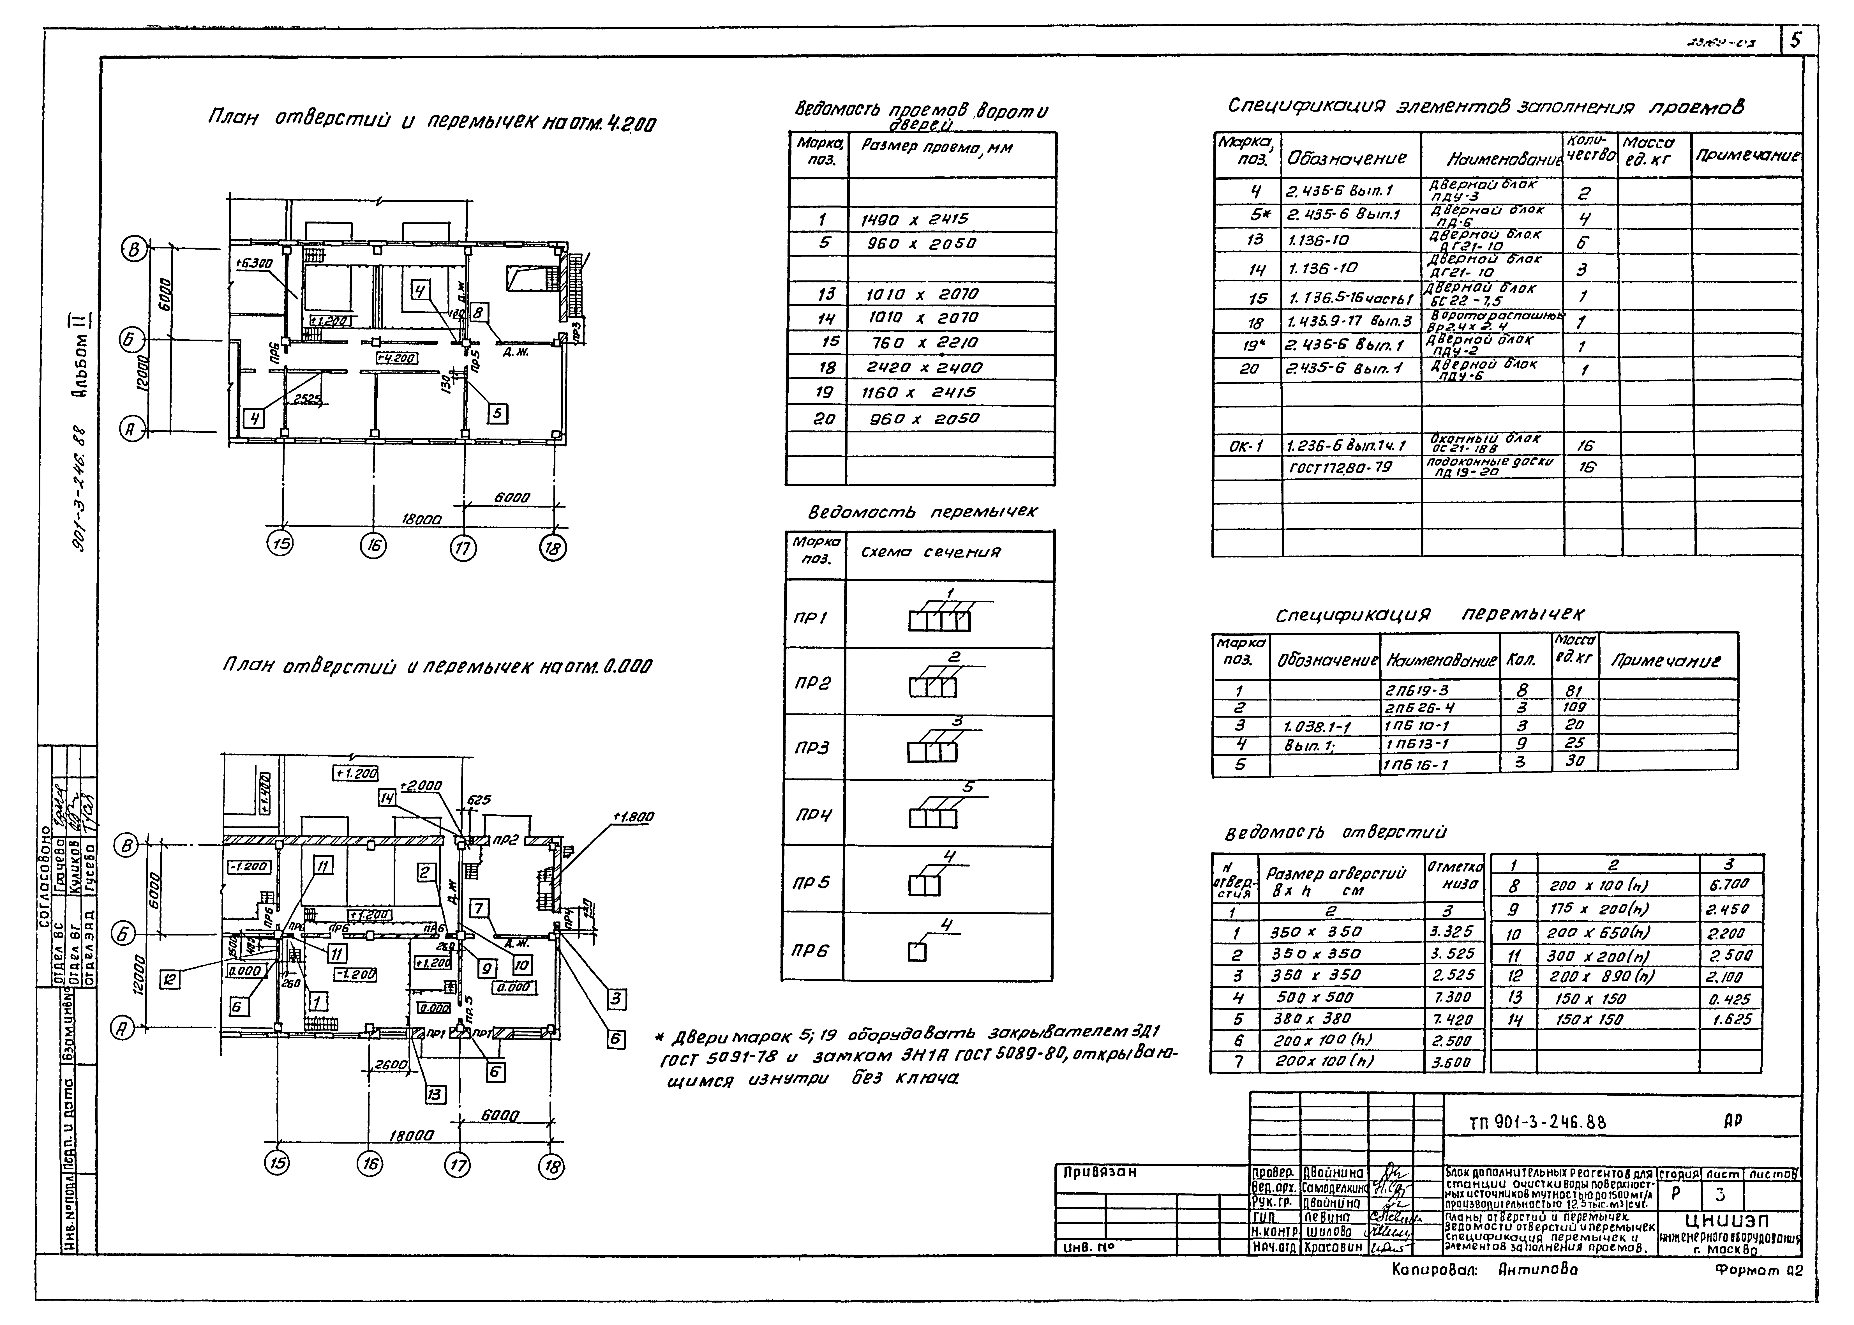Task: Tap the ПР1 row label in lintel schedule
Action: [x=811, y=617]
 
